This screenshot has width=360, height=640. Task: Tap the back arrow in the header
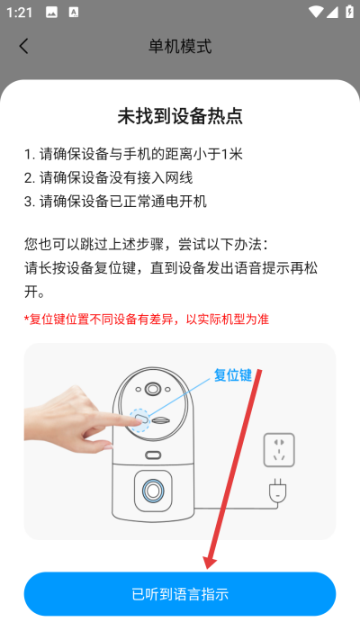coord(23,46)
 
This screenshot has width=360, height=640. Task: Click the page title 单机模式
coord(180,46)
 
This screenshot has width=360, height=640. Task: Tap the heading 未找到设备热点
coord(180,116)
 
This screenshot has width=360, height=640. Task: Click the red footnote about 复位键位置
coord(146,319)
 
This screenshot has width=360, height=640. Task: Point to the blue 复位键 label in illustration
coord(232,374)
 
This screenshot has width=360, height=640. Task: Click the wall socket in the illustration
coord(279,449)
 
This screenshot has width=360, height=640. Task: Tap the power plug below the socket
coord(279,491)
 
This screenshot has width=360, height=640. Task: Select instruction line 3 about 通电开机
coord(115,201)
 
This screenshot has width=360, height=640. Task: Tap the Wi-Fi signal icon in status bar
coord(314,12)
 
